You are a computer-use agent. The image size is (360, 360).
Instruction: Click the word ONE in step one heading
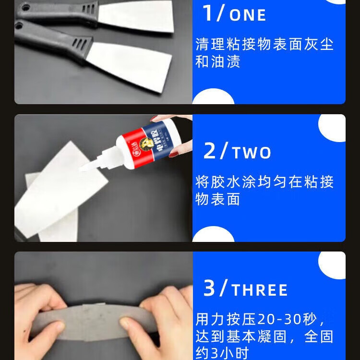(248, 15)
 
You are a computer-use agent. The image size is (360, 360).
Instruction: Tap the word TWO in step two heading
(252, 153)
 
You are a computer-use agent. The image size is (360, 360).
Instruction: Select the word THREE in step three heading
(260, 290)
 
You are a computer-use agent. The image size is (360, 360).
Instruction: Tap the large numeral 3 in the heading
(209, 288)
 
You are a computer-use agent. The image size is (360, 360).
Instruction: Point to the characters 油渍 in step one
(225, 61)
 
